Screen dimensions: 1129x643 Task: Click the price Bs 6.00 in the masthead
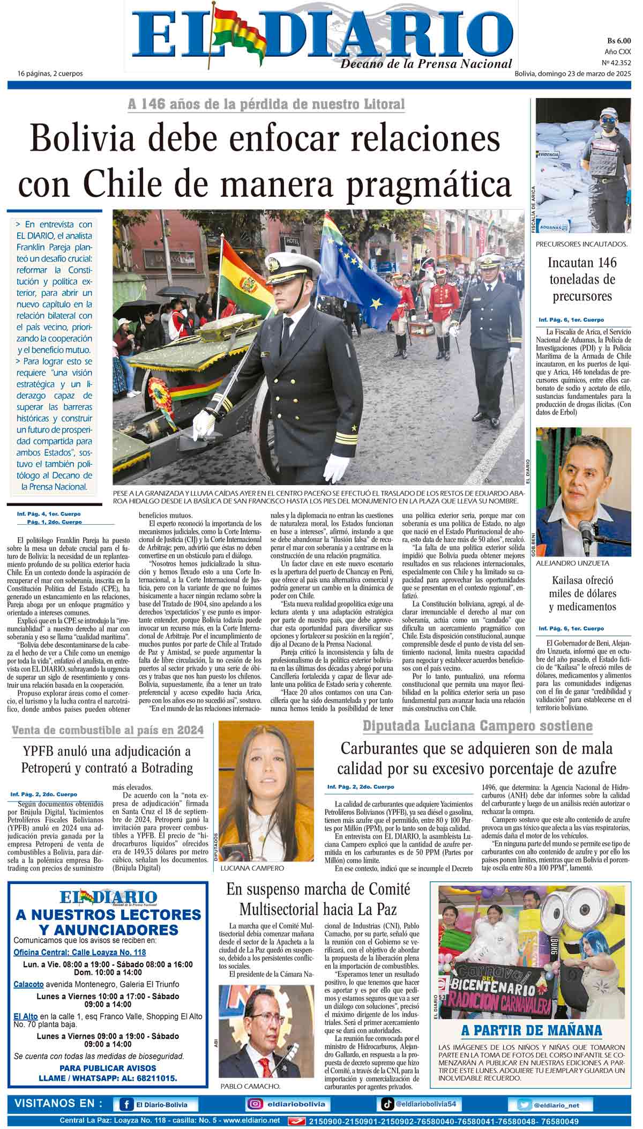pos(619,40)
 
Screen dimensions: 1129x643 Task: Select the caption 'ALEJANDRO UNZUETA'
pos(572,563)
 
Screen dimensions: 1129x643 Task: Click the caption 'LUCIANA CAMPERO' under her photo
pos(252,868)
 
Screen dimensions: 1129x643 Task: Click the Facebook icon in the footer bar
pos(126,1104)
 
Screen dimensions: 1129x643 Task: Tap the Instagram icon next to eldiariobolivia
pos(255,1104)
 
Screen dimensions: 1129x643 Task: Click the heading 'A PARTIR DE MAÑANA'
pos(532,1030)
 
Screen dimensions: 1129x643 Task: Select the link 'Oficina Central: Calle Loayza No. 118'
pos(79,952)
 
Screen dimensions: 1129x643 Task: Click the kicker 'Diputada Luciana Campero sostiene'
pos(477,726)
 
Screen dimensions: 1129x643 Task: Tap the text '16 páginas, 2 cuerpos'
pos(50,73)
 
